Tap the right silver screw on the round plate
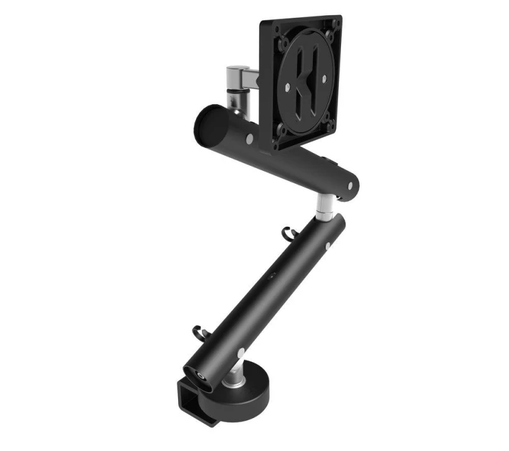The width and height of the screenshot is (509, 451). (x=325, y=79)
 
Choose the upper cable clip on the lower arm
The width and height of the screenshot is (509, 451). (x=287, y=232)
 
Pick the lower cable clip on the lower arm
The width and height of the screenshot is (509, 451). (x=198, y=332)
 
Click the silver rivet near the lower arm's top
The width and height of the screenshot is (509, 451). (x=328, y=246)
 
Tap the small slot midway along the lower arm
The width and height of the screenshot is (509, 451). (x=272, y=275)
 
